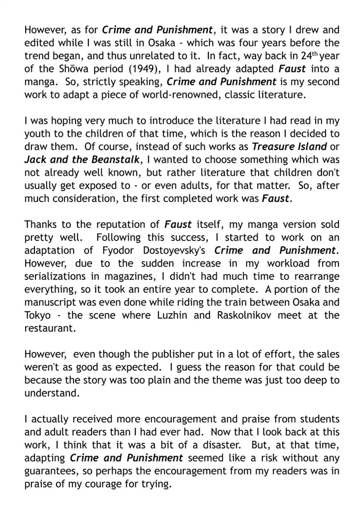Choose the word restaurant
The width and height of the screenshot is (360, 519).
50,328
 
